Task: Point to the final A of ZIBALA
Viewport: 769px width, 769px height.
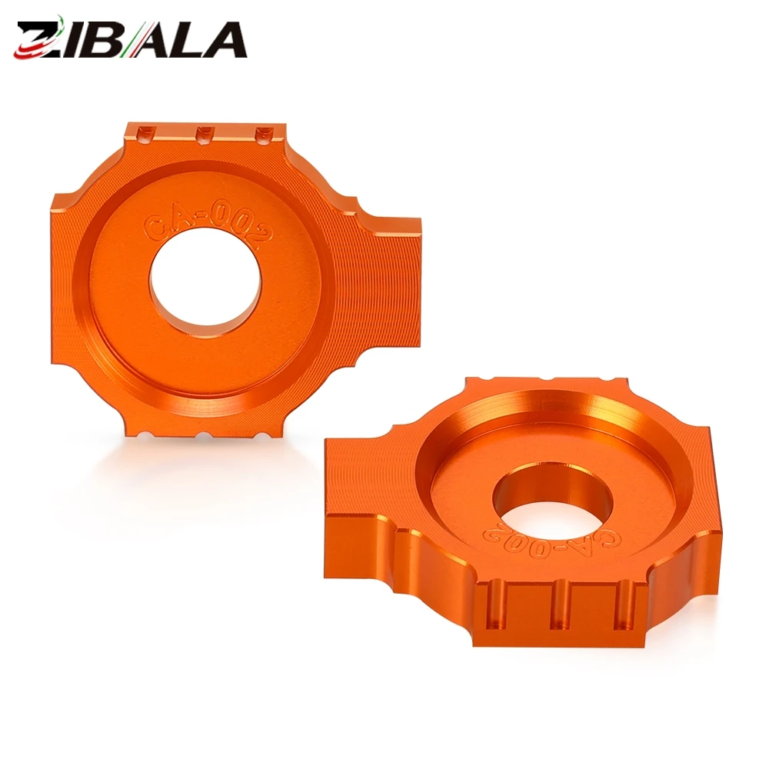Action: coord(225,40)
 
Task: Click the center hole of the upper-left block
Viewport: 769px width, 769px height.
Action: coord(206,284)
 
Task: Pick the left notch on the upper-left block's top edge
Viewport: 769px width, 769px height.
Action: coord(145,133)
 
